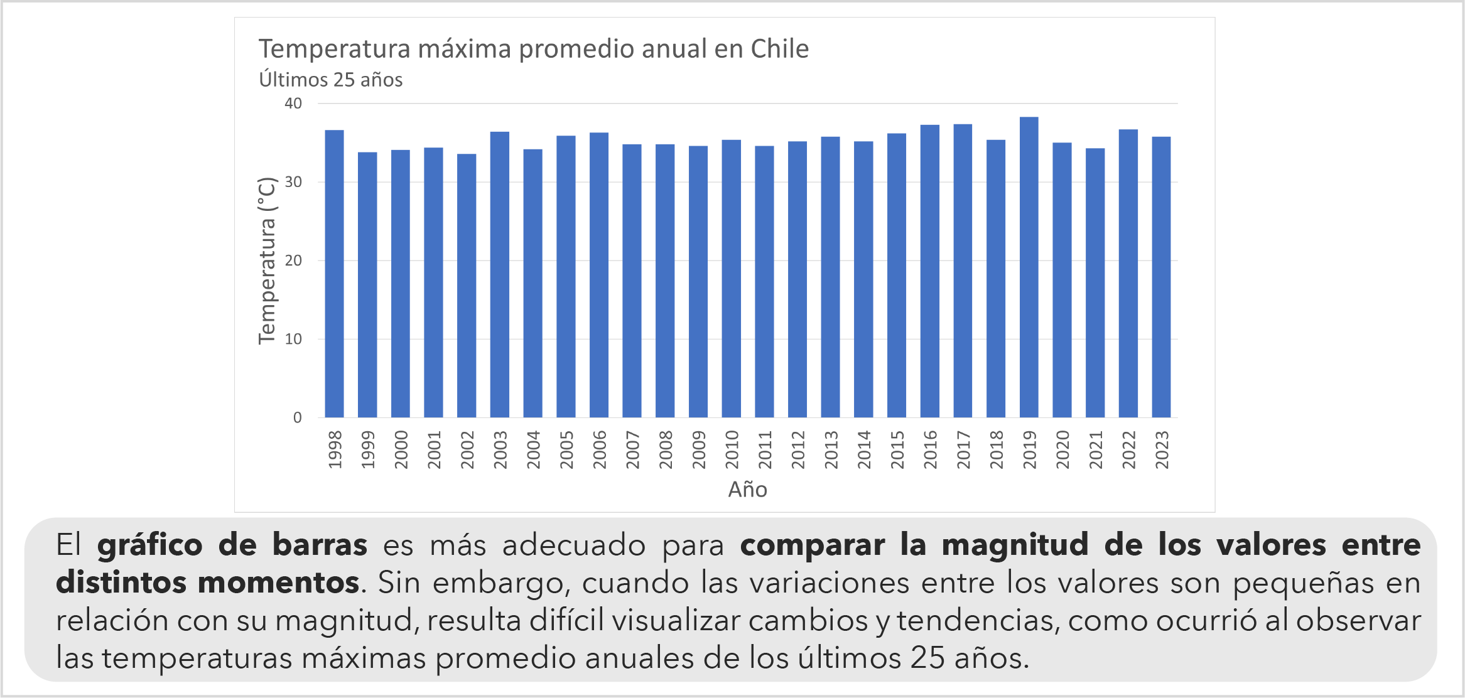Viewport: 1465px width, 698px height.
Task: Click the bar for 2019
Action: (x=1029, y=267)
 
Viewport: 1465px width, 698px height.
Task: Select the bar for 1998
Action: (x=334, y=273)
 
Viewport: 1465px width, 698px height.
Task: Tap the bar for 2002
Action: (x=467, y=286)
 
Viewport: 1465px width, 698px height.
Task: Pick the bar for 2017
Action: (x=963, y=271)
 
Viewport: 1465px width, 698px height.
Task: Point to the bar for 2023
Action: (x=1161, y=277)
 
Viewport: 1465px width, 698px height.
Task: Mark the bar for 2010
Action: (x=731, y=278)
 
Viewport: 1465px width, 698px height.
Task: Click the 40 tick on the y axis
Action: (x=293, y=104)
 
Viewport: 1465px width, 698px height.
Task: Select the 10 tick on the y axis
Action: (x=293, y=339)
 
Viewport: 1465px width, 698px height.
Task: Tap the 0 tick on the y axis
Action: (x=297, y=417)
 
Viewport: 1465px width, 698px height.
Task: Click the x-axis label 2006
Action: (x=600, y=449)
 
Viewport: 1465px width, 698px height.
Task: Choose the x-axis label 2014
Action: (x=864, y=449)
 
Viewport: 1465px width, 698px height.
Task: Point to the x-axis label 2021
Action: (x=1096, y=449)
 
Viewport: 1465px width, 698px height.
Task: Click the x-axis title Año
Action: (x=747, y=490)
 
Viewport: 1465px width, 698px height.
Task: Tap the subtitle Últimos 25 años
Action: (x=331, y=80)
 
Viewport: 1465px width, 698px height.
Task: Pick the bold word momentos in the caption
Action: (x=278, y=583)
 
